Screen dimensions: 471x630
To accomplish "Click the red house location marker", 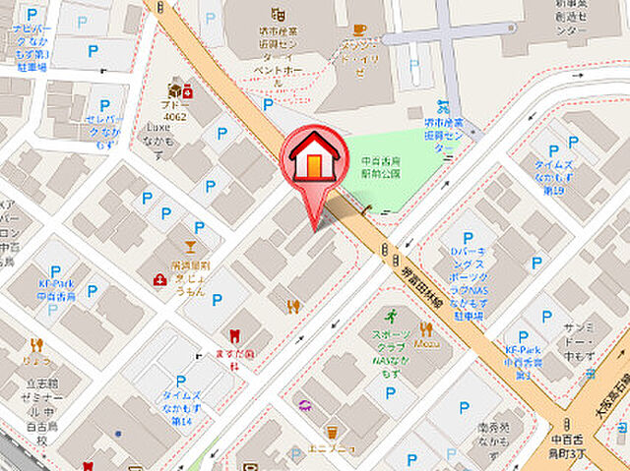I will pyautogui.click(x=314, y=162).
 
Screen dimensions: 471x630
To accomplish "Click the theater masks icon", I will pyautogui.click(x=278, y=14).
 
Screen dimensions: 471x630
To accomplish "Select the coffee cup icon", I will pyautogui.click(x=359, y=29).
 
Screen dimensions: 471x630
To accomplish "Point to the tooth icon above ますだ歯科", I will pyautogui.click(x=234, y=336).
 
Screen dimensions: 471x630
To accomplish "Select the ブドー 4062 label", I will pyautogui.click(x=177, y=109).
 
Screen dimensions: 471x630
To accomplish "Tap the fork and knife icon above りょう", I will pyautogui.click(x=36, y=344).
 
